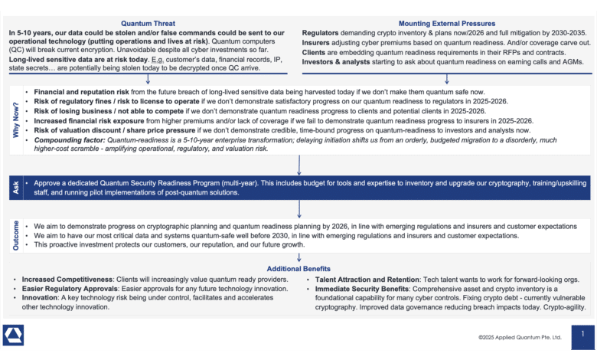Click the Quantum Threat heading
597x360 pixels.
coord(148,24)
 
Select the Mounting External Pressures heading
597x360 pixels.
coord(447,24)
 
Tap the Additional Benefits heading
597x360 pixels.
coord(298,269)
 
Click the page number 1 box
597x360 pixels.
coord(582,335)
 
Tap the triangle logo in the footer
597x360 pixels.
coord(14,335)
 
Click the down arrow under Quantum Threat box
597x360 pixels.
coord(148,79)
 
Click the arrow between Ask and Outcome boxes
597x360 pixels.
coord(299,209)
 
